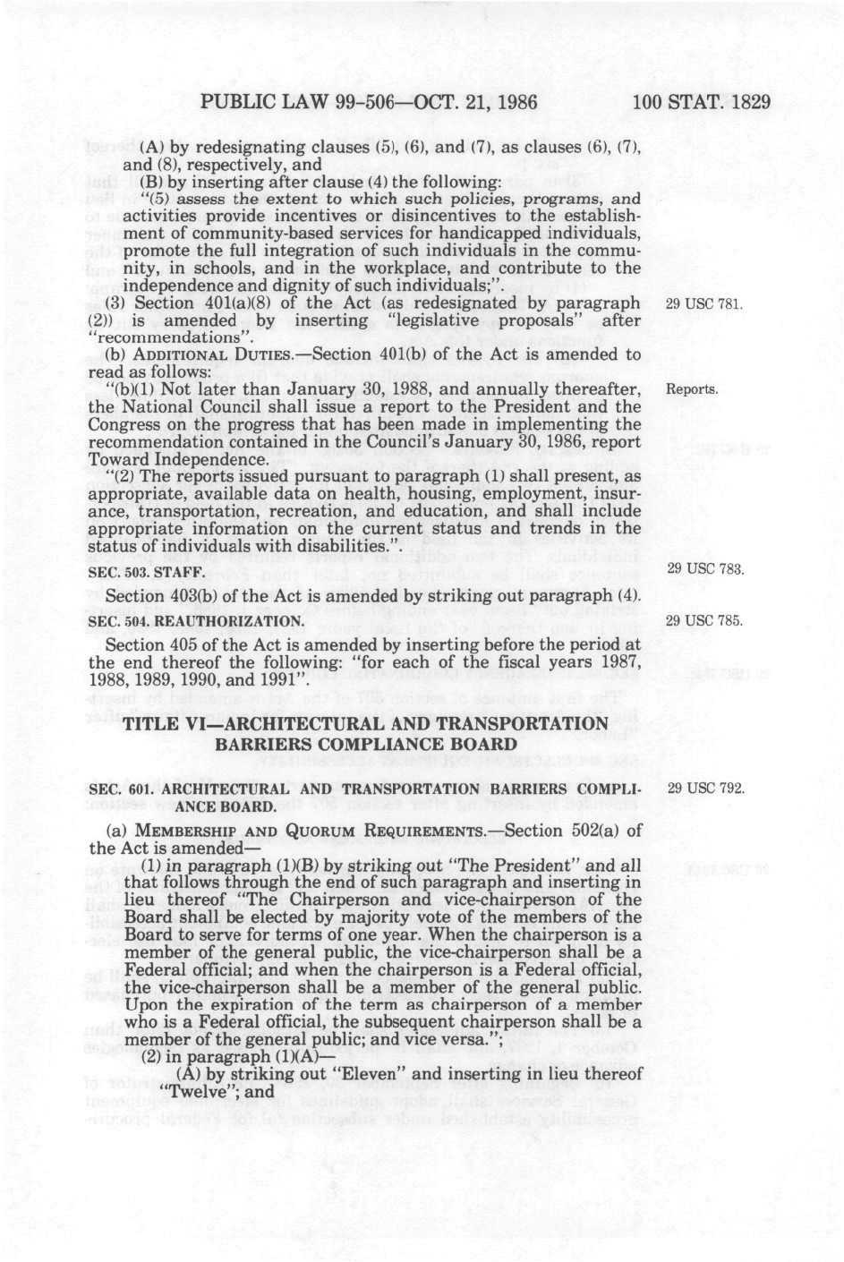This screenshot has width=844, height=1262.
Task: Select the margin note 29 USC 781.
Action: tap(704, 304)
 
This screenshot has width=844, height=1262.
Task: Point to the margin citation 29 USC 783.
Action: tap(704, 569)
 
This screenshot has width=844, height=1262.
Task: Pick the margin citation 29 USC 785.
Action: tap(704, 620)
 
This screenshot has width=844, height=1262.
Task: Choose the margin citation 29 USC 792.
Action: tap(706, 789)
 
